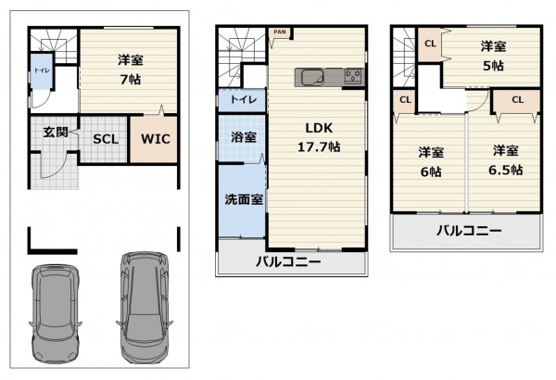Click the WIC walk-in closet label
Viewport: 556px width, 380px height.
click(x=156, y=139)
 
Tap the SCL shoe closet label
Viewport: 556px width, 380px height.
click(x=106, y=139)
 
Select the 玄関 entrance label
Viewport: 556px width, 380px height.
click(x=56, y=133)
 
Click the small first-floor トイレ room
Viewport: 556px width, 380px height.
click(x=42, y=71)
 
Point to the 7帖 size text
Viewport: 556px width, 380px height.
click(x=131, y=80)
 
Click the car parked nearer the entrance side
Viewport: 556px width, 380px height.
click(x=56, y=313)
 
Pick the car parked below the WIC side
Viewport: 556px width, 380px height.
click(x=145, y=308)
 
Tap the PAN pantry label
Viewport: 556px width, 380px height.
click(x=280, y=32)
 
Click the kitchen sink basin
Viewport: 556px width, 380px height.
click(x=312, y=77)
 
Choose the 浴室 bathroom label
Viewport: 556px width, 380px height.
click(x=244, y=137)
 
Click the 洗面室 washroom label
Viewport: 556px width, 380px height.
click(x=244, y=199)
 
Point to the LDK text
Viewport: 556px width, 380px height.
click(x=319, y=128)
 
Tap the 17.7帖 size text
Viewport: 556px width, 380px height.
click(x=319, y=146)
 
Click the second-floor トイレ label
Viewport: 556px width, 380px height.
click(x=244, y=99)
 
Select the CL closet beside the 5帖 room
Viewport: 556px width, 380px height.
click(x=430, y=44)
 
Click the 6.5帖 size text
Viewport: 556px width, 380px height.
click(x=506, y=170)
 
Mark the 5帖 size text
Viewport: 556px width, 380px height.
click(x=493, y=66)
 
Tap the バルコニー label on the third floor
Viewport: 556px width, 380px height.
click(x=469, y=231)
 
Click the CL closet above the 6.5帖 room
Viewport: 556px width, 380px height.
click(x=517, y=100)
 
